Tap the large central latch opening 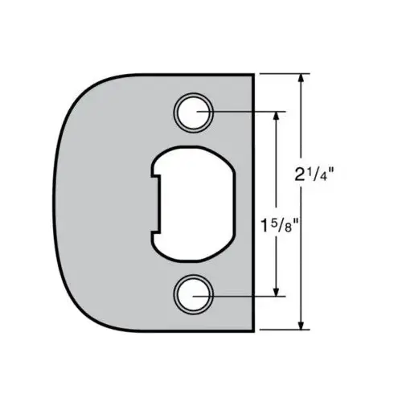(x=193, y=203)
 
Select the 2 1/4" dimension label (x=314, y=174)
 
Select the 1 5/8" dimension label (x=280, y=225)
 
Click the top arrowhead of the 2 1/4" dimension (x=301, y=79)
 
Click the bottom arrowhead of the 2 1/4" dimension (x=301, y=324)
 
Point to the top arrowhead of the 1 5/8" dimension (x=277, y=117)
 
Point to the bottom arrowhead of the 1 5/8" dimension (x=277, y=291)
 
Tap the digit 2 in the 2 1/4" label (x=299, y=174)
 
